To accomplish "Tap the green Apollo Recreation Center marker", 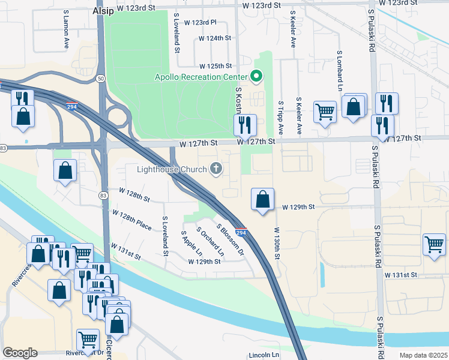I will (256, 76).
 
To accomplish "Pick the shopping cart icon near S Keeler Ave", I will (325, 111).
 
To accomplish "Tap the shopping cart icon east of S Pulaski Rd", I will (435, 244).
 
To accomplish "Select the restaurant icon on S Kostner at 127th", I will (245, 125).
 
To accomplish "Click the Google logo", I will (20, 353).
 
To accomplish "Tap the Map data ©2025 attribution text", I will (423, 355).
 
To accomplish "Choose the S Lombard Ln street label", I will (339, 67).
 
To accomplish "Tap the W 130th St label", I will (277, 243).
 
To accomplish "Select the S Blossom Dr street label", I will (231, 238).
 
